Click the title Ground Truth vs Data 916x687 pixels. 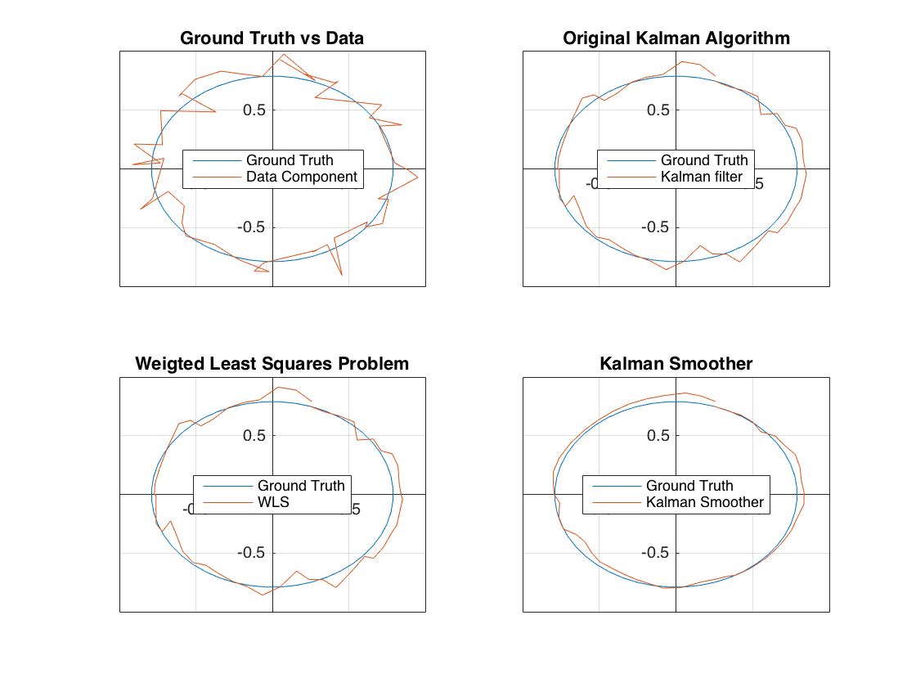(272, 38)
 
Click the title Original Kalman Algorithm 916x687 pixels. (676, 38)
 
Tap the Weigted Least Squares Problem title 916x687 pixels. (272, 364)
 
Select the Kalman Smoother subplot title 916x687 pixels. (676, 364)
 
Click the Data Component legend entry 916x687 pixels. (302, 177)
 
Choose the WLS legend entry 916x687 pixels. (273, 502)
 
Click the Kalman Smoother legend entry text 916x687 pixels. (704, 502)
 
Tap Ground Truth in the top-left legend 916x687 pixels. (290, 160)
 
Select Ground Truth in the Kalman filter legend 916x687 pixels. (704, 160)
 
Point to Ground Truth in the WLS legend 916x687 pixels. (301, 486)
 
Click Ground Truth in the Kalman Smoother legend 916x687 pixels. (689, 486)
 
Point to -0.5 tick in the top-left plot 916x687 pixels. (254, 227)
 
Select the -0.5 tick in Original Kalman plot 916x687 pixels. (658, 227)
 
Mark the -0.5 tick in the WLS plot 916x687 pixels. (254, 553)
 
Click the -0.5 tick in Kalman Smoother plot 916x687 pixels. (658, 553)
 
